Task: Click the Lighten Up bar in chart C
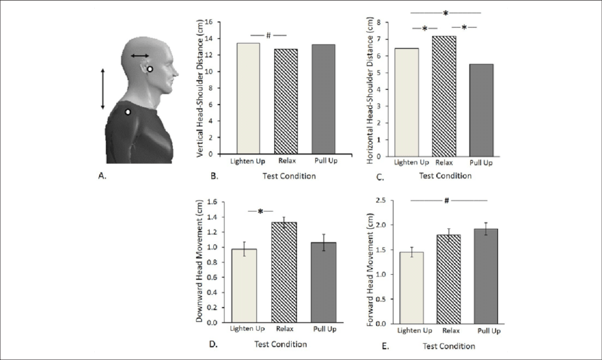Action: click(x=407, y=102)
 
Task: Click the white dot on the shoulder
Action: click(x=127, y=111)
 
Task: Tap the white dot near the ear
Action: click(x=150, y=69)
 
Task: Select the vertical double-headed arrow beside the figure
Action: click(x=103, y=89)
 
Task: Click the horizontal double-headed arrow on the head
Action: click(x=139, y=55)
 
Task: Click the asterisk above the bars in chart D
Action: click(x=261, y=211)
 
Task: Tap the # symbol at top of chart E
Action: click(x=447, y=201)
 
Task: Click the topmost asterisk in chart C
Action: click(x=445, y=13)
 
